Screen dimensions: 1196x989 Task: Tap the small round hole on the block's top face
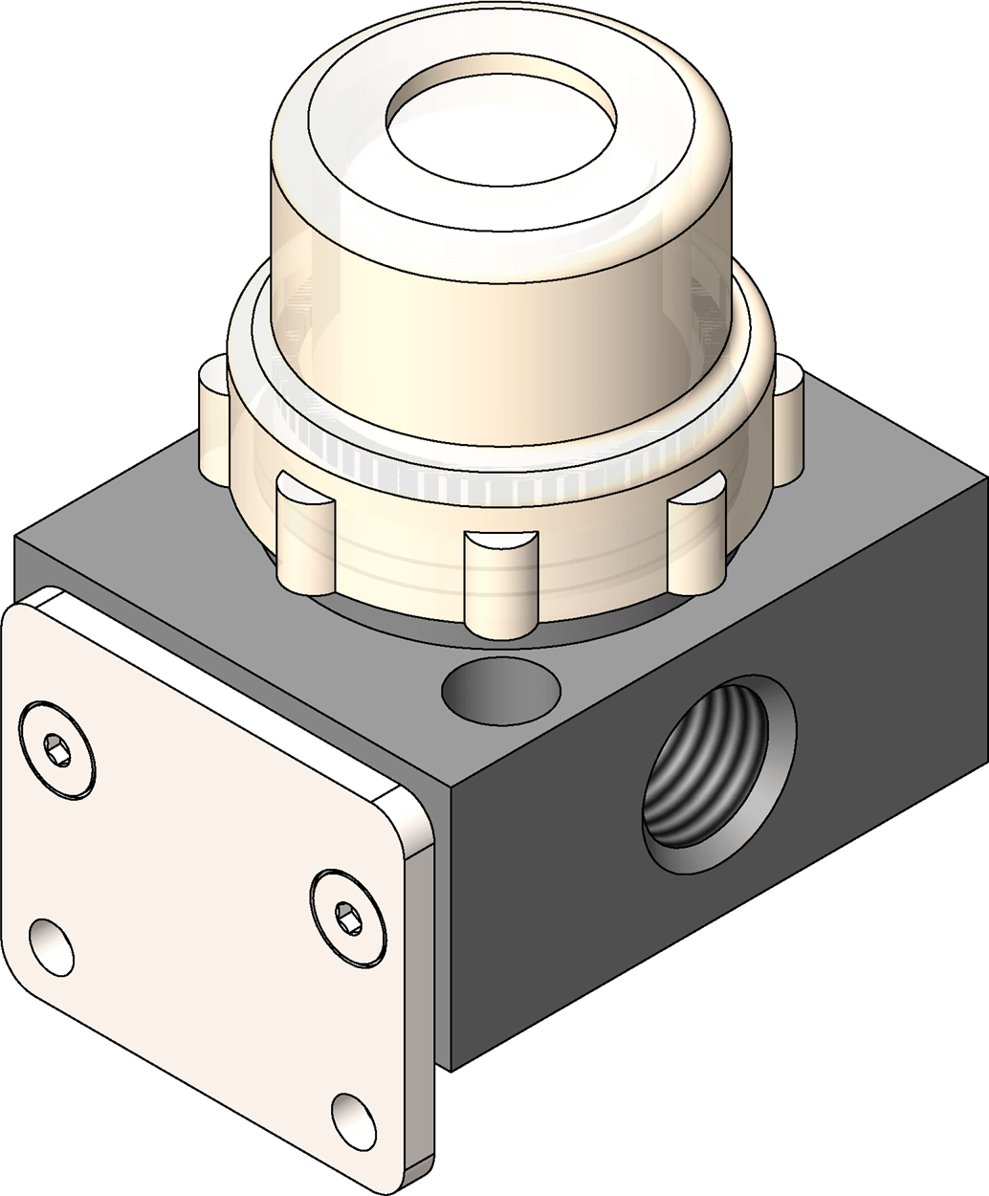pos(500,690)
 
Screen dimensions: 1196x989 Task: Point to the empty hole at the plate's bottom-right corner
pos(356,1118)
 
